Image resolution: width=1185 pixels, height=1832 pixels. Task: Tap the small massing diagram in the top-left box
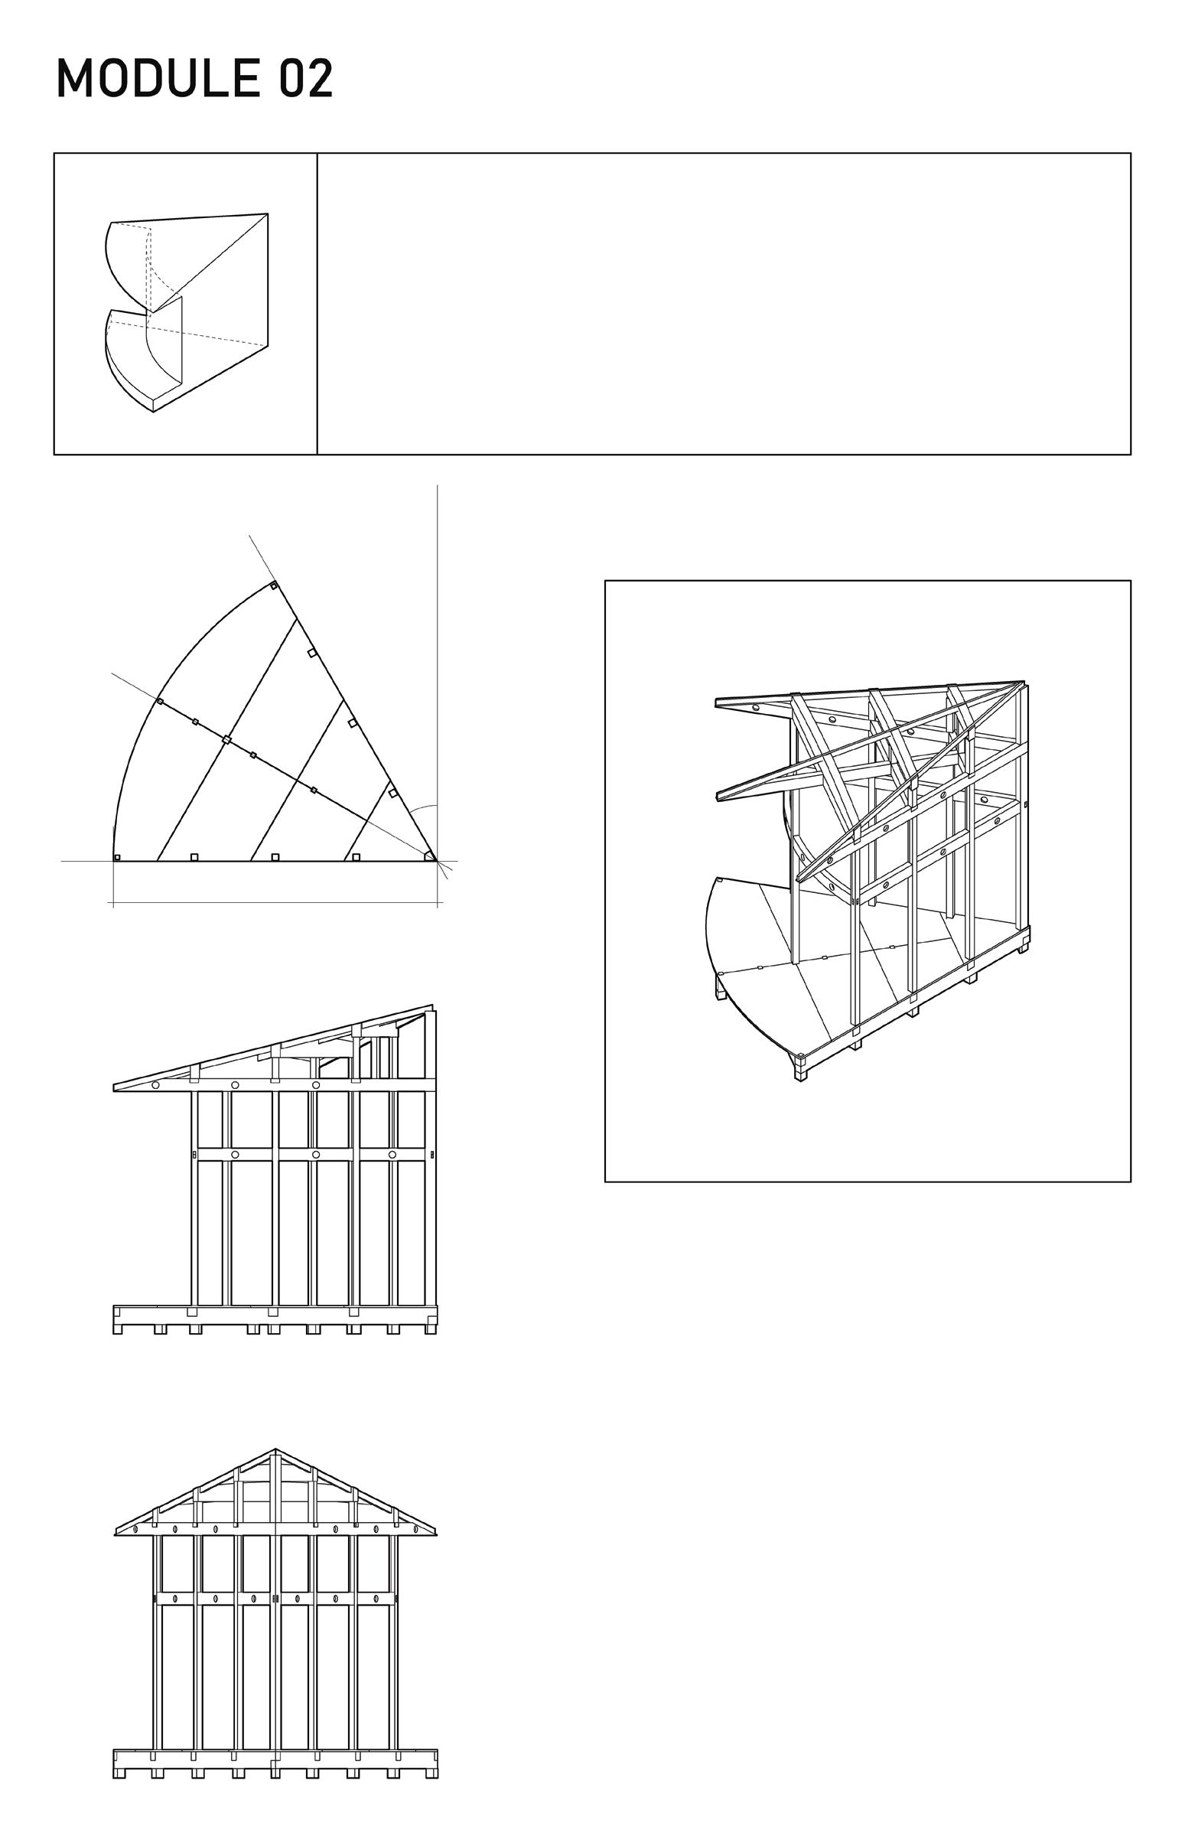click(x=186, y=312)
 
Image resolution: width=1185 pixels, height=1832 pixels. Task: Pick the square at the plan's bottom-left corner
click(x=117, y=857)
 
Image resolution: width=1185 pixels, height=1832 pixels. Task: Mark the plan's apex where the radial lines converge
click(x=436, y=862)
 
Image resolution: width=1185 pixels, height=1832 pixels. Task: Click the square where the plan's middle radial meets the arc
click(x=159, y=701)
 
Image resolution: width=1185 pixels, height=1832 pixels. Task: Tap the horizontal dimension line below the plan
click(x=275, y=901)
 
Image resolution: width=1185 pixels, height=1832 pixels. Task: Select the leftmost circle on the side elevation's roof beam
click(x=155, y=1085)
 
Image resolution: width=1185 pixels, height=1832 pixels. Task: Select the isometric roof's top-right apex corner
click(x=1024, y=683)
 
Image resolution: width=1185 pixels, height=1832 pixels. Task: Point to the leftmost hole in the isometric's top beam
click(x=756, y=706)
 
